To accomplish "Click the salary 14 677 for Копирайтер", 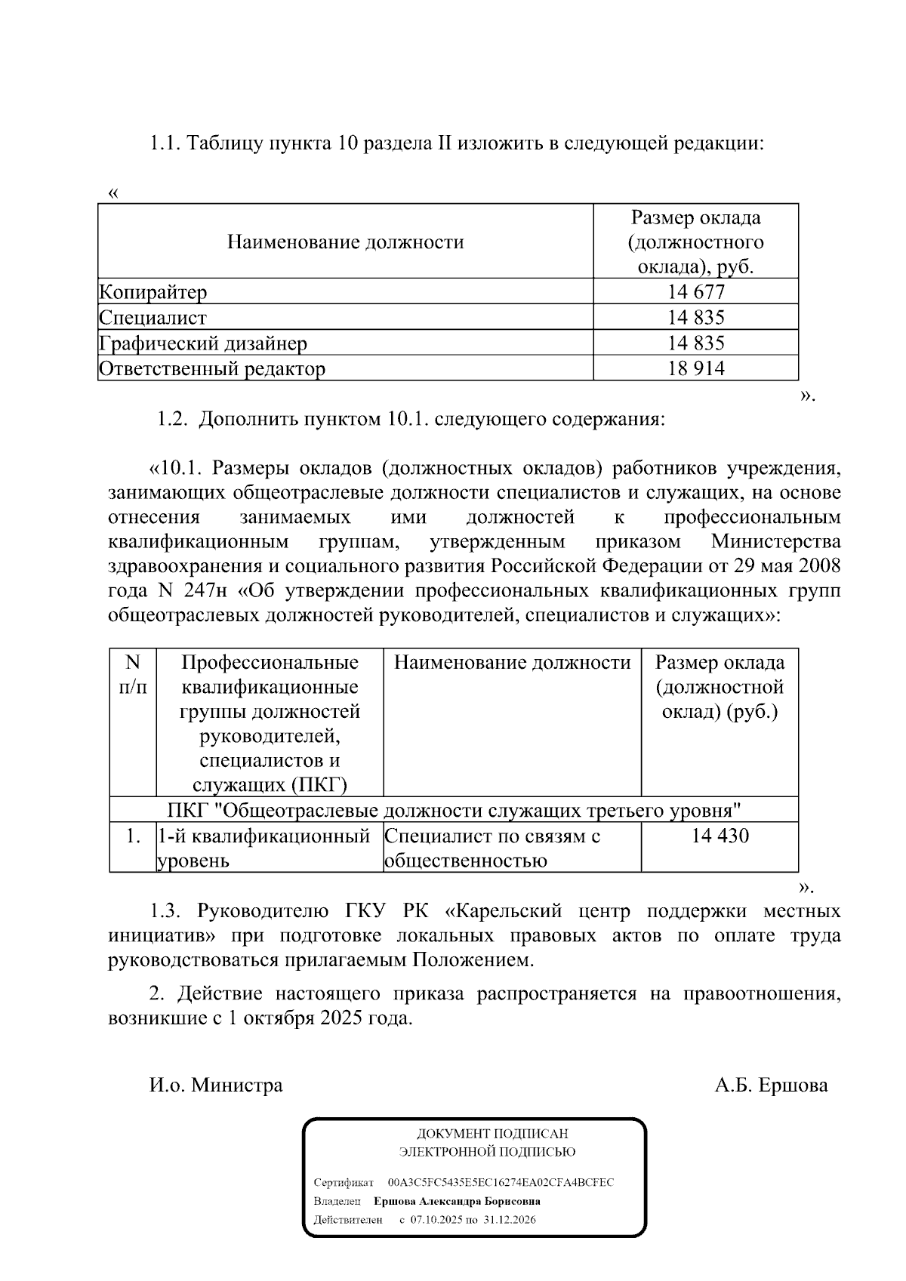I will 695,292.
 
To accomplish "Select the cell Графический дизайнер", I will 203,343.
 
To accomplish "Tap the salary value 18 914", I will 695,368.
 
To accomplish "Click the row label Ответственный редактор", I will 212,369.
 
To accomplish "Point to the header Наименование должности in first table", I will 345,242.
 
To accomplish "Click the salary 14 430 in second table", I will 720,836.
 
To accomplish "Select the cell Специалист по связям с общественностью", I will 492,848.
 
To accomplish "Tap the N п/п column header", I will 133,674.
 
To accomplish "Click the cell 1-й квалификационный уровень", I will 263,848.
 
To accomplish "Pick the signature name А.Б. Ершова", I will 772,1085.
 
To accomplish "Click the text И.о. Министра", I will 216,1085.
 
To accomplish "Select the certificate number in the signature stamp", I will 501,1182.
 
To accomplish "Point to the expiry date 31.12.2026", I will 510,1220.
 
